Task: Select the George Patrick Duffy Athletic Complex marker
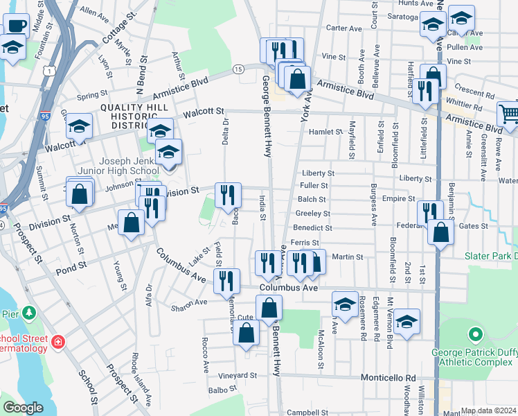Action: (475, 336)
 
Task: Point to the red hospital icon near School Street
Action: (58, 341)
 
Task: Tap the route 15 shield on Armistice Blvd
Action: (238, 69)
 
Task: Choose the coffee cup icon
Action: (16, 26)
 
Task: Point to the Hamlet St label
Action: (326, 131)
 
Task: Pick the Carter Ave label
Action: (344, 28)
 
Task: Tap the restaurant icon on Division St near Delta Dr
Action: (229, 195)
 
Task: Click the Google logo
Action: (23, 408)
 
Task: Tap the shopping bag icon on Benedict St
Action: (440, 232)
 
